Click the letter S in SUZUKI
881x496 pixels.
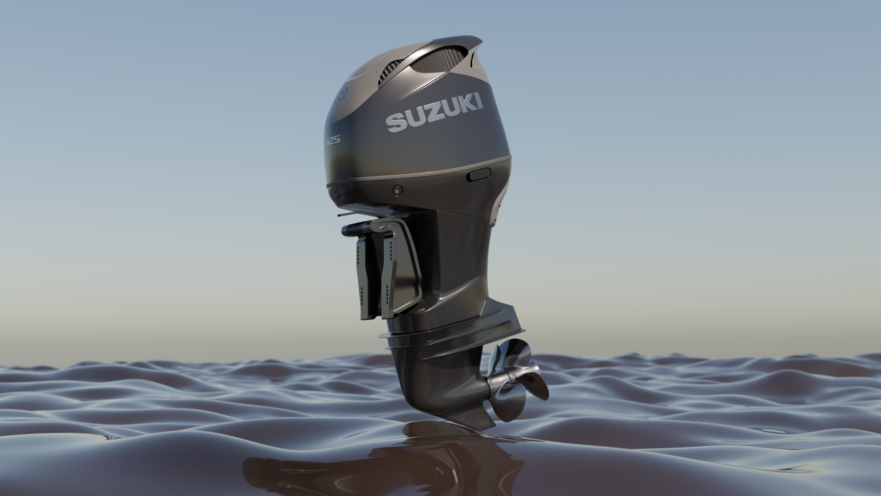[x=396, y=123]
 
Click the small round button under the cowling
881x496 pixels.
[x=397, y=189]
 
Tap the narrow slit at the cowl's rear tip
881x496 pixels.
[x=473, y=61]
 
